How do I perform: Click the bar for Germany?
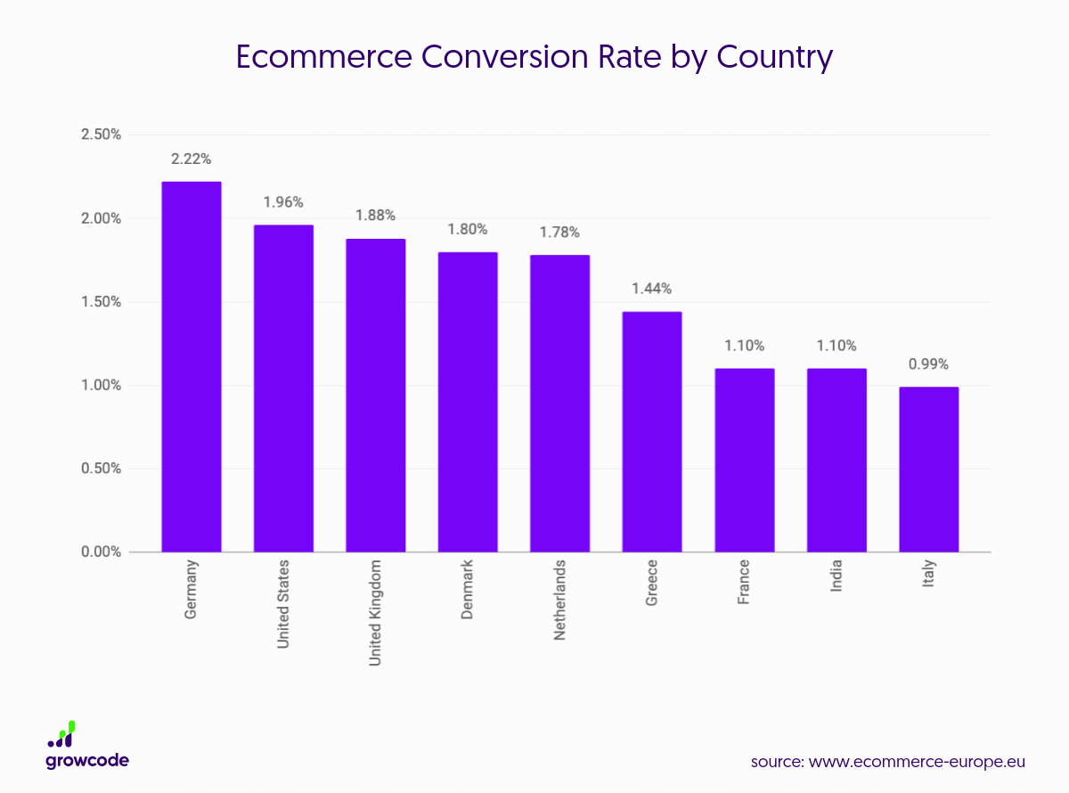[191, 366]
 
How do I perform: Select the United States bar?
[283, 388]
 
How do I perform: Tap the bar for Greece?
[652, 431]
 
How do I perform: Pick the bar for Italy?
[928, 469]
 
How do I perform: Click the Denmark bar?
[468, 402]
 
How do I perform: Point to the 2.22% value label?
[192, 159]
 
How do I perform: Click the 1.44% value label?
[652, 289]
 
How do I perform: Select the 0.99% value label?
[928, 364]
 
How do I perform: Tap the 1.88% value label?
[375, 216]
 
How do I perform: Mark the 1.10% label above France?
[744, 346]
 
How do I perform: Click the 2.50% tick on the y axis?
[101, 135]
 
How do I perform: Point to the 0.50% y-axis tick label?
[101, 469]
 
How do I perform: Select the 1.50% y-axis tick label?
[101, 302]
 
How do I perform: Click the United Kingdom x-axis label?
[376, 612]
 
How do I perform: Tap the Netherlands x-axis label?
[559, 601]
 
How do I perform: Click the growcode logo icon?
[62, 734]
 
